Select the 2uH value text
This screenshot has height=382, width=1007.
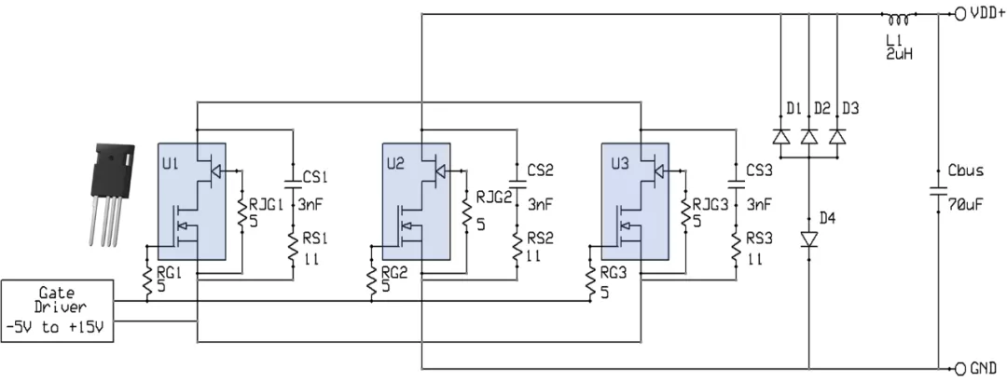coord(899,55)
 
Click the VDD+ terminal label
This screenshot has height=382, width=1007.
coord(986,14)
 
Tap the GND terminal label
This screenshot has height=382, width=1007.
coord(985,368)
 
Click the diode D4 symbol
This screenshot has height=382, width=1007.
coord(808,240)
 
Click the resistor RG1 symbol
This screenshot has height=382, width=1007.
coord(147,281)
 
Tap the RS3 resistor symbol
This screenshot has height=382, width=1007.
coord(736,246)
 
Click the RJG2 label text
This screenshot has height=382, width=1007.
coord(494,198)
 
